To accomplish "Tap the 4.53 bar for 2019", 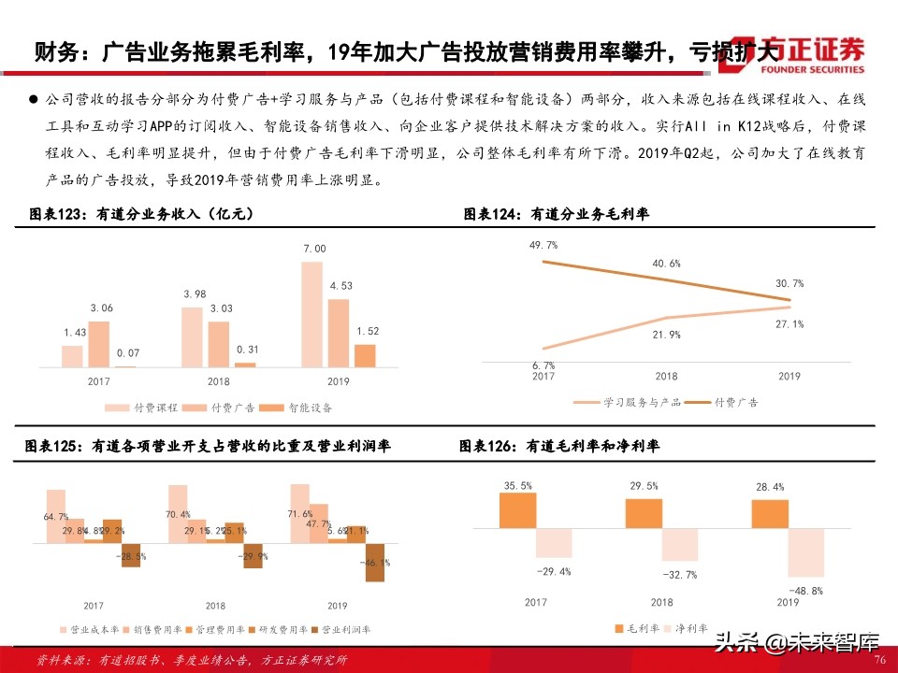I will click(x=339, y=333).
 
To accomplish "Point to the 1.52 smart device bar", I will click(x=365, y=355).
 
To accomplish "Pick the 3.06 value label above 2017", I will click(x=101, y=308).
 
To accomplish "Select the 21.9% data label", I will click(x=666, y=334).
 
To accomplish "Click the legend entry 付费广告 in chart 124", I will click(x=736, y=403).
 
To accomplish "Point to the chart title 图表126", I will click(x=559, y=448).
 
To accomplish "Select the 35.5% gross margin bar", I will click(x=518, y=510).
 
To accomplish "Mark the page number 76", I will click(x=879, y=659).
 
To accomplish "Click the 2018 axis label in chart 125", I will click(x=215, y=606).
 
